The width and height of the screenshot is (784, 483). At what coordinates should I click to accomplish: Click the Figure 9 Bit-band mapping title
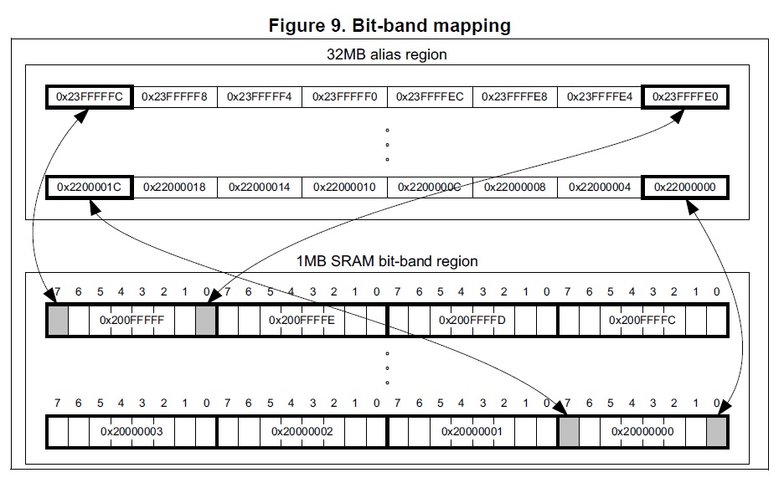(x=389, y=25)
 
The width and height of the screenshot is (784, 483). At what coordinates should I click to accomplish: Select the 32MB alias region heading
(x=386, y=55)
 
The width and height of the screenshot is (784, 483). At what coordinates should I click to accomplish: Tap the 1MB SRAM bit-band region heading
(x=387, y=261)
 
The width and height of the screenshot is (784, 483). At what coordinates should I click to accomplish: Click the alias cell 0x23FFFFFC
(x=90, y=97)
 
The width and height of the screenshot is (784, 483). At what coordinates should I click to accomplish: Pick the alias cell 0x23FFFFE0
(x=684, y=97)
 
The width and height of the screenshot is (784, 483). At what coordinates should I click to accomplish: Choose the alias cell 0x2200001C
(x=90, y=187)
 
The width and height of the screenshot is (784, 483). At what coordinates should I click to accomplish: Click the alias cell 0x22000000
(x=684, y=187)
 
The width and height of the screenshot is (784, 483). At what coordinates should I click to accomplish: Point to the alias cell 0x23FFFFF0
(x=344, y=97)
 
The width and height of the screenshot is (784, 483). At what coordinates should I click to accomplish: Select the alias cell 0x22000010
(x=344, y=187)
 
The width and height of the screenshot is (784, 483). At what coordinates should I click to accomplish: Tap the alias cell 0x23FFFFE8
(x=514, y=97)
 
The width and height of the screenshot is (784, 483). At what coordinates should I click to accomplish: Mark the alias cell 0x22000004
(x=599, y=187)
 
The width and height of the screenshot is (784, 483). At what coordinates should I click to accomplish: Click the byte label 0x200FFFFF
(x=132, y=320)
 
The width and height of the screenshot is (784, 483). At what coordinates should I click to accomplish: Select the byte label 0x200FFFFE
(x=302, y=320)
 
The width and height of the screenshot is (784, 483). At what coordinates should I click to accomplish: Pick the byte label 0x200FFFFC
(x=642, y=320)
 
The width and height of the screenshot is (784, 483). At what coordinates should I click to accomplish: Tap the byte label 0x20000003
(x=132, y=431)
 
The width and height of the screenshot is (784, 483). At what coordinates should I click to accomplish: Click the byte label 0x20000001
(x=472, y=431)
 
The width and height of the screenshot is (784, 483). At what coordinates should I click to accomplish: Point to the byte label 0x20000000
(x=642, y=431)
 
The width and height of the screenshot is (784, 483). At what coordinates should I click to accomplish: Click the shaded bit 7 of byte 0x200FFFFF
(x=58, y=320)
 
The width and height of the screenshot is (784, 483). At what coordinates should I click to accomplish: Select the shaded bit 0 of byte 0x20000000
(x=716, y=431)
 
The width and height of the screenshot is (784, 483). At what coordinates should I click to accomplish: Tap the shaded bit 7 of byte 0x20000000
(x=569, y=431)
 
